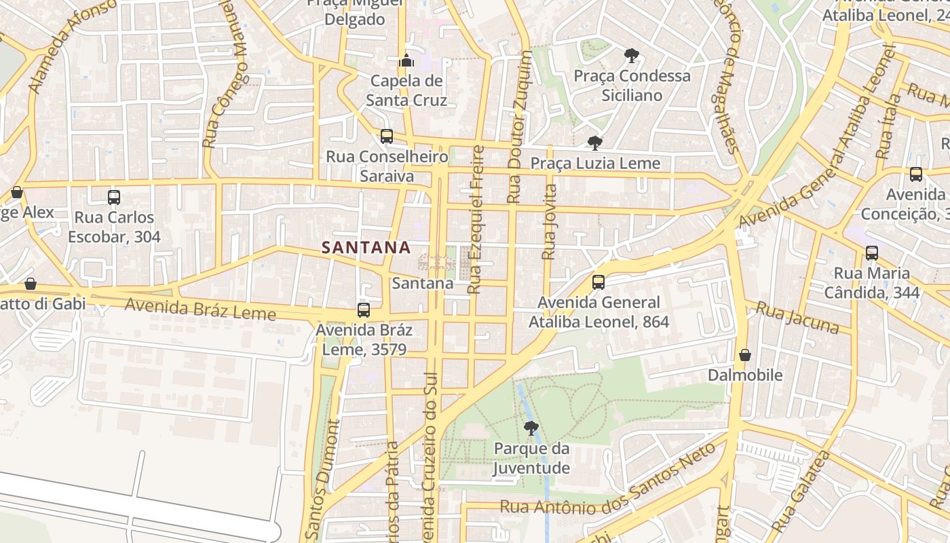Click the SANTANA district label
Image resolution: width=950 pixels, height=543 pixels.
(366, 248)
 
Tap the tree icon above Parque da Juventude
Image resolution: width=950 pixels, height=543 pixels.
(531, 428)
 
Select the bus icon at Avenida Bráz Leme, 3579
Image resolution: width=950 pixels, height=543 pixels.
(364, 310)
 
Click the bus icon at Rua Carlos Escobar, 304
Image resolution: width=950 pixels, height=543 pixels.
(114, 198)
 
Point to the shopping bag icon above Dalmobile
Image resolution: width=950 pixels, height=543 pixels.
(745, 355)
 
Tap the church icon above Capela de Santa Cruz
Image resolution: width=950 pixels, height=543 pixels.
(406, 61)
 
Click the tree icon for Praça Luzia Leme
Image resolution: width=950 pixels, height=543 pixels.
(595, 143)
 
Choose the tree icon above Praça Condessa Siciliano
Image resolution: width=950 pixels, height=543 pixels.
(632, 55)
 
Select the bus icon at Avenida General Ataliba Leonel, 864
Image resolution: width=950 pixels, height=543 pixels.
(598, 282)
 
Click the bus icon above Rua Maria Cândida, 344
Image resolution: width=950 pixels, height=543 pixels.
(872, 253)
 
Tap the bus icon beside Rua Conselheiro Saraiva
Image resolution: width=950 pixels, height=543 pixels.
(387, 136)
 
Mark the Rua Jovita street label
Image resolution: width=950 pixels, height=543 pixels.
(550, 221)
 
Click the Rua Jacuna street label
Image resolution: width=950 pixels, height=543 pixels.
(797, 318)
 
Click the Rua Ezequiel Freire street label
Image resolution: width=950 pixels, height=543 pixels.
(476, 219)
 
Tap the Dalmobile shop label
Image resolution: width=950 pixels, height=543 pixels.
(745, 375)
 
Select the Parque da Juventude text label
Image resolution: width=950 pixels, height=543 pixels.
(531, 458)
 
